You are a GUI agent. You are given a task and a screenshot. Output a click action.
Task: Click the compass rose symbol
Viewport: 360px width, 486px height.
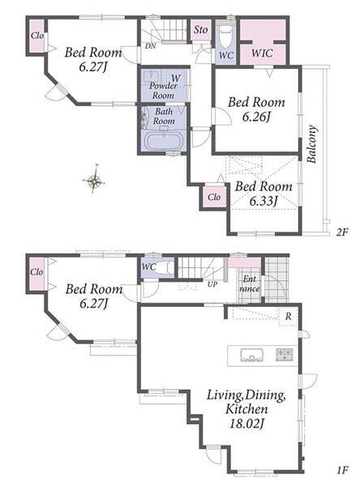94,180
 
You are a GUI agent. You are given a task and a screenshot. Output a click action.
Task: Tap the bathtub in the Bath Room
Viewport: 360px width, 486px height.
164,142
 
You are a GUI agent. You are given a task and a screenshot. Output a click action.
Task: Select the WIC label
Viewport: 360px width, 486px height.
262,53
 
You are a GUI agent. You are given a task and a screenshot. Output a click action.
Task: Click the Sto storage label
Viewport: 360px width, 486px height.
201,30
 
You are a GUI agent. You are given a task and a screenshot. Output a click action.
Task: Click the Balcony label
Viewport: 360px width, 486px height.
311,144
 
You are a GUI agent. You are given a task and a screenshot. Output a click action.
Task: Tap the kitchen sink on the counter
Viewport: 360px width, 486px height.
251,355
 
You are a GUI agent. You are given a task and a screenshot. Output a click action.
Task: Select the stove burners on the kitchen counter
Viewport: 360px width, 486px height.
285,355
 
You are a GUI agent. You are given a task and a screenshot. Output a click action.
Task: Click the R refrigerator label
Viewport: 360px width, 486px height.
289,317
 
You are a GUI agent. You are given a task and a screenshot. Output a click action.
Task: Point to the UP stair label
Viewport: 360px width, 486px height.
212,284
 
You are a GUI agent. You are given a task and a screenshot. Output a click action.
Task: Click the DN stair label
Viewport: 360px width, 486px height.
151,46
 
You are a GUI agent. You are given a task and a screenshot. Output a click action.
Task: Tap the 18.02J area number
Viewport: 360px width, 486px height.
246,423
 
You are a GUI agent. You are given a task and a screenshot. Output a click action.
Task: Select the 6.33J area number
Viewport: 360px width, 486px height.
264,201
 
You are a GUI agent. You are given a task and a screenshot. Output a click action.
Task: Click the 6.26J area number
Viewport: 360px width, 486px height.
256,117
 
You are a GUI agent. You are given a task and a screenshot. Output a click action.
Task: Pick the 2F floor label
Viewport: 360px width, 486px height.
342,232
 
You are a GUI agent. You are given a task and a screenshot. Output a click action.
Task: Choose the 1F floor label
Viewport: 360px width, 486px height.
343,471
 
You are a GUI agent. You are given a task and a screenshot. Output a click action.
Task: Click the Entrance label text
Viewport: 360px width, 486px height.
250,284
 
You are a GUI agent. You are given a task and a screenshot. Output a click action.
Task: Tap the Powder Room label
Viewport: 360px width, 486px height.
163,90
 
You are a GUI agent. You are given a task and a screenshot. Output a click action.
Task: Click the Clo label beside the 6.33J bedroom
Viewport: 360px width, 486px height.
214,197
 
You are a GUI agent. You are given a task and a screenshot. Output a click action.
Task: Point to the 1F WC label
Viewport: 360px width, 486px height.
148,266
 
